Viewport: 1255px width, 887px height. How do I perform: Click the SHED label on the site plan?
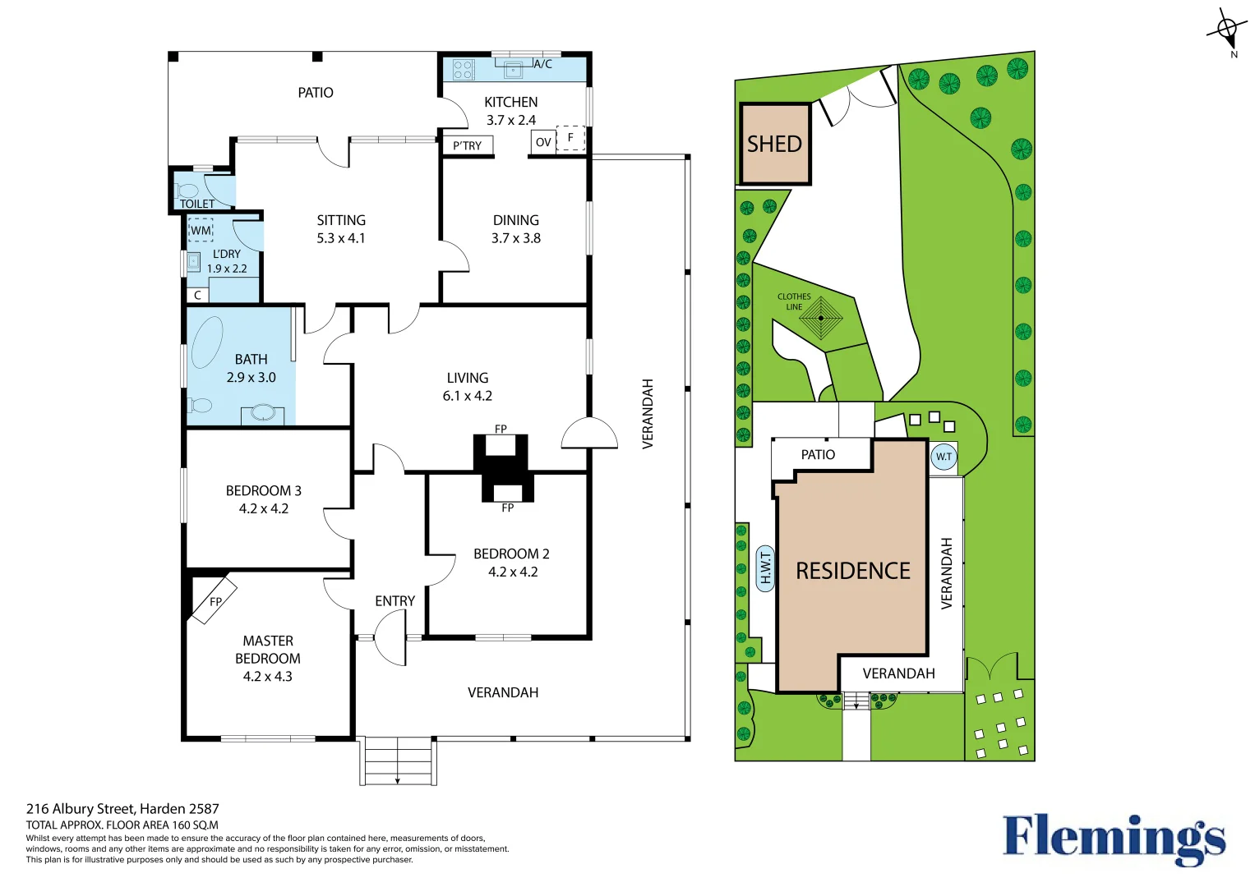774,145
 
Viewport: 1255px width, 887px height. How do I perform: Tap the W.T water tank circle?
944,457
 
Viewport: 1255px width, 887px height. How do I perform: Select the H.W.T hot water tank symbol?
765,569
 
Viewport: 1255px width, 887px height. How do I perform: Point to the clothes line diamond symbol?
821,318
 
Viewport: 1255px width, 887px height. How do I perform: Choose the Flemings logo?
1114,839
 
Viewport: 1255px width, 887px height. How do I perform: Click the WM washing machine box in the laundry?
201,230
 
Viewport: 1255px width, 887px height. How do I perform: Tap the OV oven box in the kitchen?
543,142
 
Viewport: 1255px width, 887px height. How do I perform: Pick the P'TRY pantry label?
468,145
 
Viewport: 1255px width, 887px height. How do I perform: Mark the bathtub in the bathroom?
207,342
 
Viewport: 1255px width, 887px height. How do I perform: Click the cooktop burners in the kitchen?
464,70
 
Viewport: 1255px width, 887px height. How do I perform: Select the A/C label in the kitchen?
542,64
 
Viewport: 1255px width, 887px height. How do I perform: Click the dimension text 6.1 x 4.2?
468,396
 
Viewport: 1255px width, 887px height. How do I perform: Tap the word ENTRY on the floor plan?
395,601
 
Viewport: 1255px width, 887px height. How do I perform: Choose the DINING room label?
515,220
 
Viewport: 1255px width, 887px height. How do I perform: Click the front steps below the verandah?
398,761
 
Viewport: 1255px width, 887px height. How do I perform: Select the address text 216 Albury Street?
80,809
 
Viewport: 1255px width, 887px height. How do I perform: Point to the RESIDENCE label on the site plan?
853,571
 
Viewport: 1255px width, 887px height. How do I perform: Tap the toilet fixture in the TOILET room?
187,191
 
